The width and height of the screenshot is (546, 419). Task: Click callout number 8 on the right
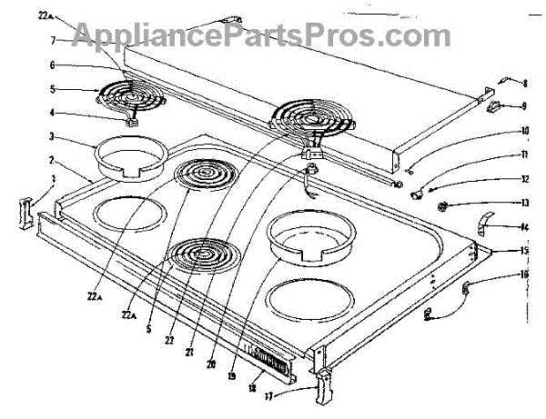525,83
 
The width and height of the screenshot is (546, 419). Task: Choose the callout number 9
525,106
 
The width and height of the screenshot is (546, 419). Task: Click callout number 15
525,249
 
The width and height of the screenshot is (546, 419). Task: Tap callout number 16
525,273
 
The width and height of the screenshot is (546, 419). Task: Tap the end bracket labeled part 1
25,210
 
